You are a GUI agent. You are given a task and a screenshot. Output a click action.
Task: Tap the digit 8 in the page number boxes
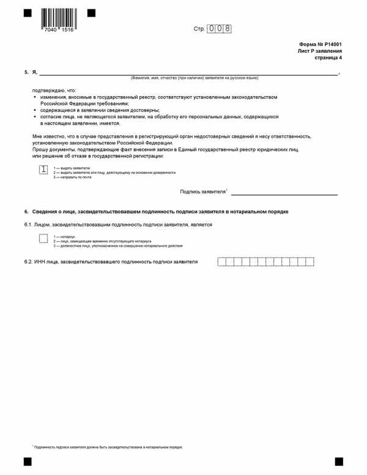coord(228,29)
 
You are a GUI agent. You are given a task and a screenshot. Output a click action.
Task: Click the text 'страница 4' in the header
coord(328,58)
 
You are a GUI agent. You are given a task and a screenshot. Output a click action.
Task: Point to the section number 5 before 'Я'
coord(26,72)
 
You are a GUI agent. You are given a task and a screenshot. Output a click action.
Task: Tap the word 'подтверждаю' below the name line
coord(46,91)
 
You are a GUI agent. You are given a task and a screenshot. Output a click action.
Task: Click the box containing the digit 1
coord(43,170)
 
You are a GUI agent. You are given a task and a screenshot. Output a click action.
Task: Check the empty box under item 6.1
coord(43,238)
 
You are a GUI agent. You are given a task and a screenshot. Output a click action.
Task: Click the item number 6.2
coord(28,262)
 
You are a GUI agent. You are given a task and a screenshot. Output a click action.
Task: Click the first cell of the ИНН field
coord(221,262)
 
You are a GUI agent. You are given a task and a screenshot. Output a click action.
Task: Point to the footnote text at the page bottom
coord(108,447)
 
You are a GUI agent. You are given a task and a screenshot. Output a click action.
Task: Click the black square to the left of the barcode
coord(27,12)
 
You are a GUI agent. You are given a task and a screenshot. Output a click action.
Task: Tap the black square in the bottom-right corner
coord(339,461)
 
